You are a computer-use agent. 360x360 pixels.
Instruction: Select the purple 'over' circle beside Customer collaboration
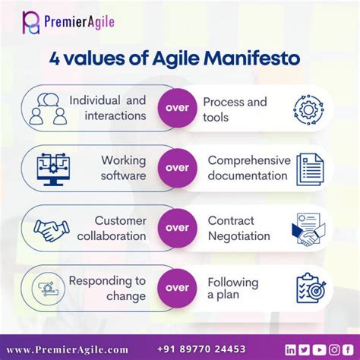tap(178, 227)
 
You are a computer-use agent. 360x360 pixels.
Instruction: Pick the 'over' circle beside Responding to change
tap(178, 287)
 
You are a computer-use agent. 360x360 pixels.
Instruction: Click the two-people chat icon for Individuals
tap(46, 109)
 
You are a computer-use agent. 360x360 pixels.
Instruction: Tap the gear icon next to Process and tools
tap(309, 109)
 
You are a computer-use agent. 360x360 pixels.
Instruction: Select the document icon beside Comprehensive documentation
tap(309, 168)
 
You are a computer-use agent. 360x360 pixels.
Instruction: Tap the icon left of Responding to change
tap(46, 287)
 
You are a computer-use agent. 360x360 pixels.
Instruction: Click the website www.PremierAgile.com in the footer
tap(67, 348)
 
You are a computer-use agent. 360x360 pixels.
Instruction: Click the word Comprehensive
tap(249, 160)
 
